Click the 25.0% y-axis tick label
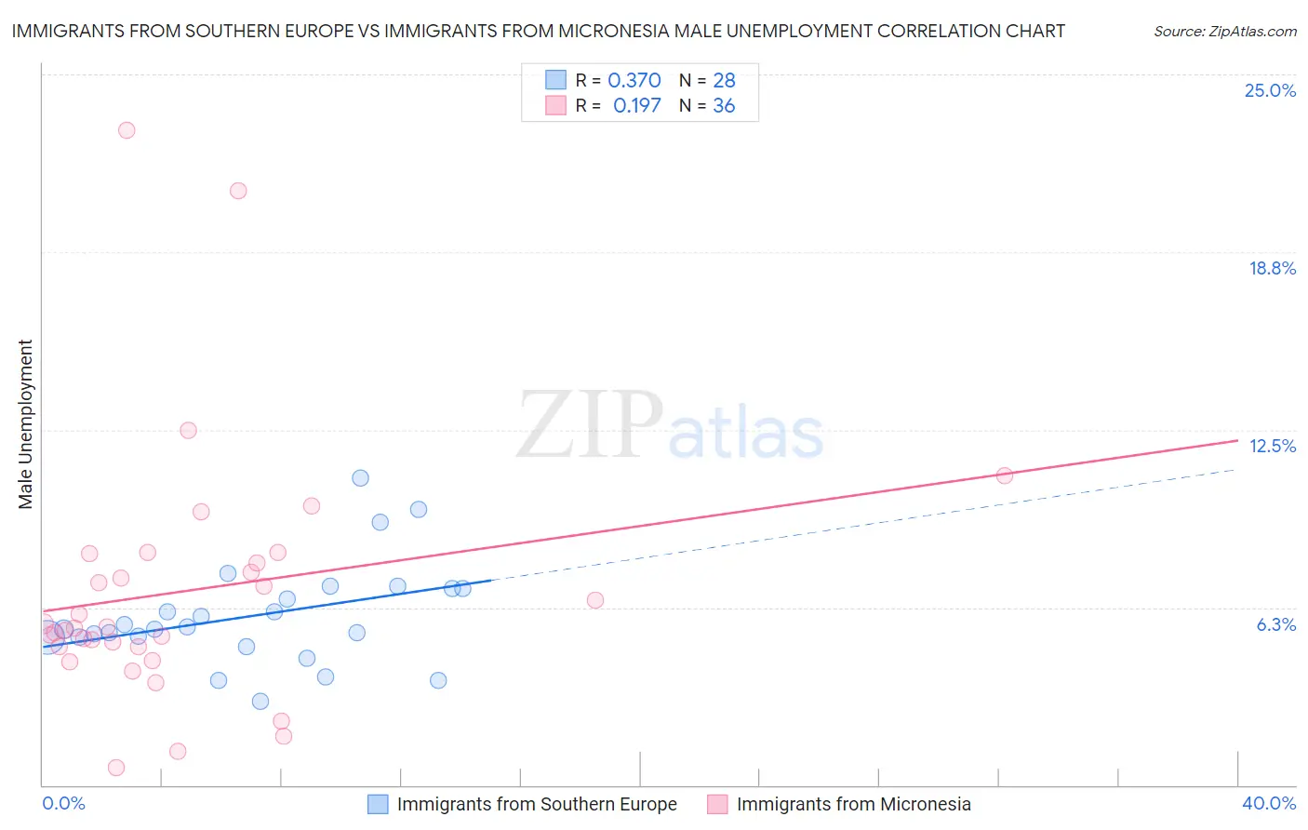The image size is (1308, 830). (x=1270, y=90)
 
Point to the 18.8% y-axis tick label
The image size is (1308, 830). (x=1272, y=268)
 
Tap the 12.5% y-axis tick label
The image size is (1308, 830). (x=1272, y=446)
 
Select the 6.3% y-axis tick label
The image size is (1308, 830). (x=1275, y=624)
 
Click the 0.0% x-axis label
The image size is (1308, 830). (x=63, y=803)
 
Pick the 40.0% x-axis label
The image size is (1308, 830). (x=1268, y=803)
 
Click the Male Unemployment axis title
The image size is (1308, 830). (x=25, y=424)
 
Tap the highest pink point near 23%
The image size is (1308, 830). (x=127, y=130)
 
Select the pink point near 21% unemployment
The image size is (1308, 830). (x=238, y=191)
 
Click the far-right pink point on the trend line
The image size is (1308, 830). (x=1005, y=475)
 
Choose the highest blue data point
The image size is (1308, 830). (x=360, y=478)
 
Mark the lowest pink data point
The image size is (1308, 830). (x=116, y=768)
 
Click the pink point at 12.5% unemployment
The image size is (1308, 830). (x=188, y=430)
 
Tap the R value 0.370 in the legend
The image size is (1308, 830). (x=634, y=80)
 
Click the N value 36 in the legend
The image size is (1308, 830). (x=724, y=105)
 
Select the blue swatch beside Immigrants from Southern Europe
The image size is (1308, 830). (x=378, y=804)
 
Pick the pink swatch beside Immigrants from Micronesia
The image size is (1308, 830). (x=717, y=804)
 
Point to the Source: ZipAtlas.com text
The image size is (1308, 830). (x=1224, y=31)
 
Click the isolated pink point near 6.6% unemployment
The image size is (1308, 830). (x=595, y=600)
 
